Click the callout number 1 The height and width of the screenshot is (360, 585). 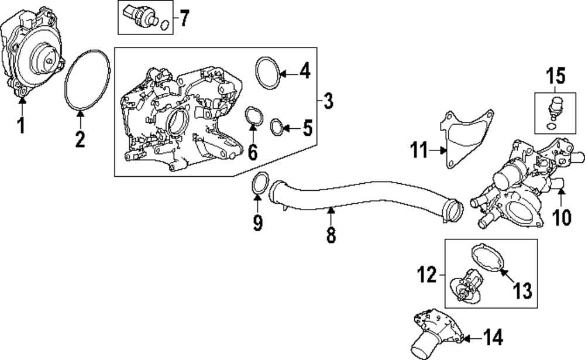21,124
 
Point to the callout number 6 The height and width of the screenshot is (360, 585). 252,151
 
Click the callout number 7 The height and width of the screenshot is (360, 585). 184,19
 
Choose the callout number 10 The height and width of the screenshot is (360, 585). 561,217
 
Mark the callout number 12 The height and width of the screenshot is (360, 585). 428,273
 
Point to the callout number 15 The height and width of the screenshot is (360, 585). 557,75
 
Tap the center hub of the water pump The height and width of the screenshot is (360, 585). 44,57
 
